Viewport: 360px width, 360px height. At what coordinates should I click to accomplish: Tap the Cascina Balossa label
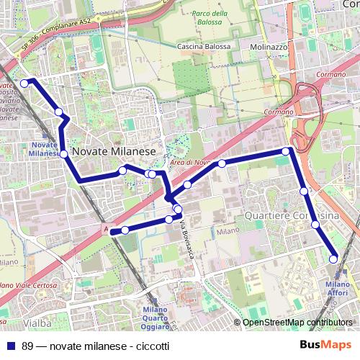204,47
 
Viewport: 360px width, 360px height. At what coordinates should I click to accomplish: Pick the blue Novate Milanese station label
44,149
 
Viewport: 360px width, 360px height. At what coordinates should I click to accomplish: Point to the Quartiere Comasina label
291,215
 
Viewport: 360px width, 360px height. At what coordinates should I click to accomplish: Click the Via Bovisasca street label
188,240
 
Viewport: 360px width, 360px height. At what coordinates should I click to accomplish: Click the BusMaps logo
329,344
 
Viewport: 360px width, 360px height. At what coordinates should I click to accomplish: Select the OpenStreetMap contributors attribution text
298,322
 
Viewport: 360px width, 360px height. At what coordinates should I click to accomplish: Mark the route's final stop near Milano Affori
333,258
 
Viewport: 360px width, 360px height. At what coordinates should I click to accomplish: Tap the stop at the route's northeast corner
287,151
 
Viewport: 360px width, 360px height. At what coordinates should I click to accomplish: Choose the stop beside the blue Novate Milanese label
63,154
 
